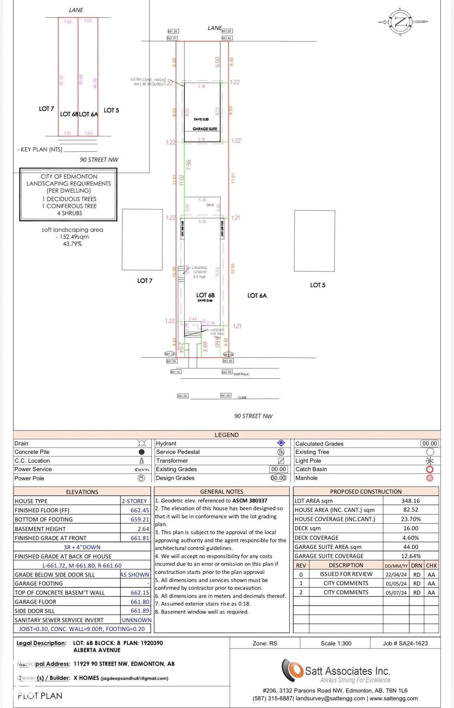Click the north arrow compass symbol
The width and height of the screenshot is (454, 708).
[x=401, y=22]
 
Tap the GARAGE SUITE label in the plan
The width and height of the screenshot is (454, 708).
[x=204, y=129]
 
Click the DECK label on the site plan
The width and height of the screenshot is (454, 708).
[x=210, y=205]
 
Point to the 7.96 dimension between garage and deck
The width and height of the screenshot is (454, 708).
[x=189, y=165]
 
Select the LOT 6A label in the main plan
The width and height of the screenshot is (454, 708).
[x=257, y=296]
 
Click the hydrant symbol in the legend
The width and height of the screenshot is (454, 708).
[x=281, y=443]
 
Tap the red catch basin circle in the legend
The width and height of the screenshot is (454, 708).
[x=430, y=469]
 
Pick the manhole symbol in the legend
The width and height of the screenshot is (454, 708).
[x=430, y=478]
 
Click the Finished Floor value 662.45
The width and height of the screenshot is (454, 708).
[x=140, y=510]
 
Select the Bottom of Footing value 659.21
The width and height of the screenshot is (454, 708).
[x=140, y=519]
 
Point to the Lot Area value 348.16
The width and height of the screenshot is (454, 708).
[x=410, y=501]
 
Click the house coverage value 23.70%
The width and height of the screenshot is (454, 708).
[x=410, y=519]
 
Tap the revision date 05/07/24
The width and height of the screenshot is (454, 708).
[x=396, y=593]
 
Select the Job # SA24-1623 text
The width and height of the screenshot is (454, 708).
[x=405, y=643]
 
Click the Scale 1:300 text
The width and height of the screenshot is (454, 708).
[x=336, y=643]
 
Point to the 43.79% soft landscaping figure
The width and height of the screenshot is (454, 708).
[x=72, y=244]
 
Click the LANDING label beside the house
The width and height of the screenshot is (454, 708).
[x=199, y=268]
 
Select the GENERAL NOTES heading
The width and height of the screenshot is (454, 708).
[x=221, y=491]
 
